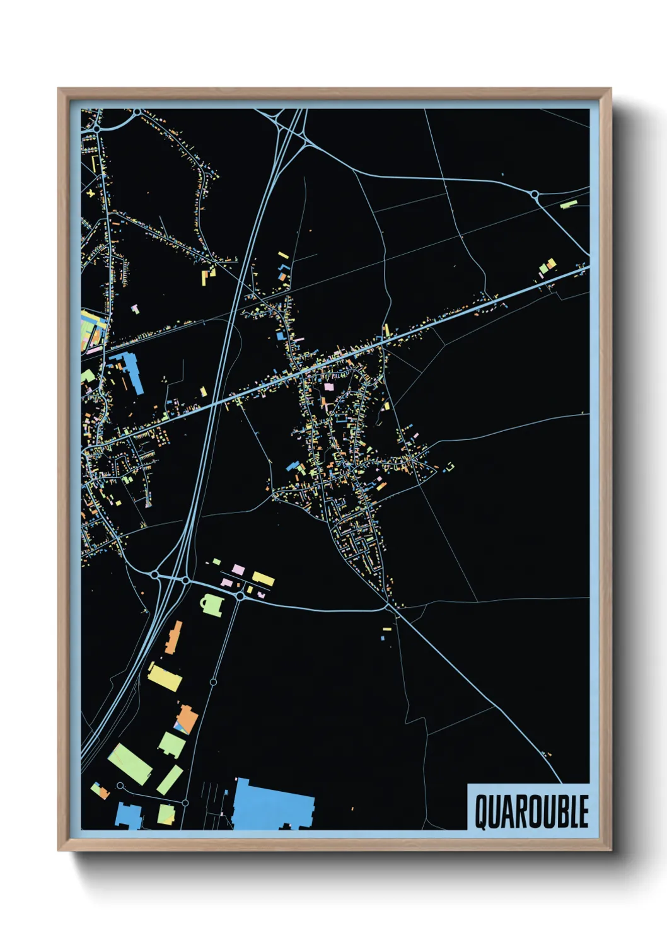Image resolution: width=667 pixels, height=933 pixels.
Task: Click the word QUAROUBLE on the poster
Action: [531, 811]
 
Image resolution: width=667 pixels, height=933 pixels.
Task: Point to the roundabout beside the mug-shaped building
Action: [240, 596]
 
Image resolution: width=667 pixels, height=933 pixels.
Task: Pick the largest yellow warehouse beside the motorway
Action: [165, 676]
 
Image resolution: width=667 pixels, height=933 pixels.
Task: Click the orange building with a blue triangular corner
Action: [187, 720]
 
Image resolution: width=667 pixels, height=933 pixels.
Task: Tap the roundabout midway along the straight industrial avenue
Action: [213, 682]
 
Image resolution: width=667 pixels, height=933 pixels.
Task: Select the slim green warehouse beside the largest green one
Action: [170, 779]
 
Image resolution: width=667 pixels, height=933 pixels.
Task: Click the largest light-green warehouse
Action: [130, 763]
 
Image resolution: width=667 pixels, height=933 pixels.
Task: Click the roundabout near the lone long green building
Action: [535, 194]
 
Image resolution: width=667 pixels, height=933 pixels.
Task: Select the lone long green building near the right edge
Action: [569, 204]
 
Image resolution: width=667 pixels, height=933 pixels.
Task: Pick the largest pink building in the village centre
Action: [328, 386]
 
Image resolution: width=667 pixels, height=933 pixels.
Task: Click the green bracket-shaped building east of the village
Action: [450, 466]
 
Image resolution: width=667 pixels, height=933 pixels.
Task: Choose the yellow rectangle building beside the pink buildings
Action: [263, 578]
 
